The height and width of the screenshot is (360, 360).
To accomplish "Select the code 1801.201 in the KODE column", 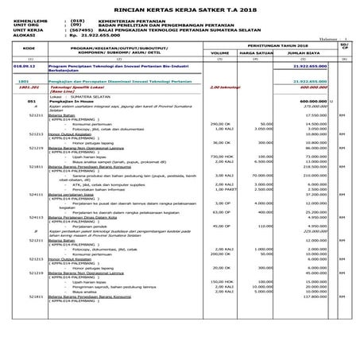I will tap(26, 87).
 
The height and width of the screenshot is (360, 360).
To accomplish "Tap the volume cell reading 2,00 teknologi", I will tap(225, 87).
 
